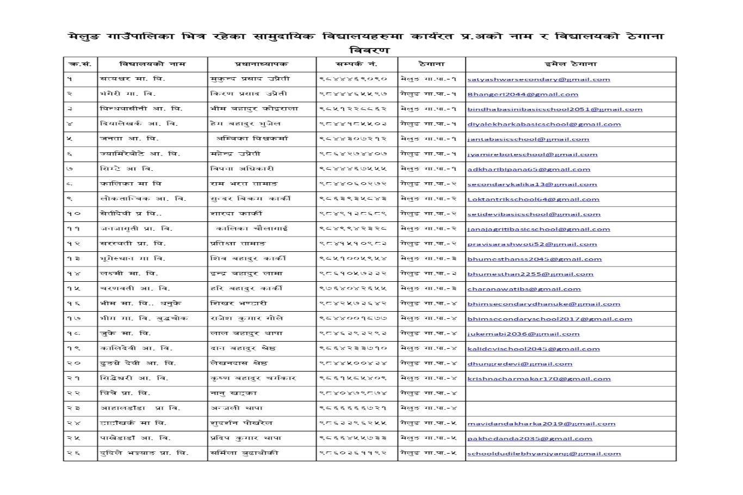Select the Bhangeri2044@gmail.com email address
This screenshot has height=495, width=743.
tap(515, 94)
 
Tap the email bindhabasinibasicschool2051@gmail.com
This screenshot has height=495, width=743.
tap(555, 109)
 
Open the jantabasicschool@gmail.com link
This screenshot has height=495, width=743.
tap(521, 139)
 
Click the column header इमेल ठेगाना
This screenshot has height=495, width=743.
tap(571, 64)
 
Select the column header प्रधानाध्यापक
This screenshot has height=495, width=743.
tap(262, 64)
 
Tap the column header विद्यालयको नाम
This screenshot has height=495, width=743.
tap(152, 64)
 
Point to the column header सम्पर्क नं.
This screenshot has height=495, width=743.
tap(357, 64)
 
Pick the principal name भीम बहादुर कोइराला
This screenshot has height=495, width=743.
tap(254, 109)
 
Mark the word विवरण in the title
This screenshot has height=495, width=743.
tap(371, 50)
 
